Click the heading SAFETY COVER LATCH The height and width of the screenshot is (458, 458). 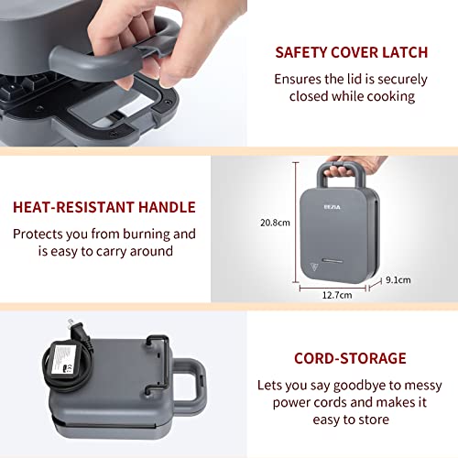[x=352, y=52]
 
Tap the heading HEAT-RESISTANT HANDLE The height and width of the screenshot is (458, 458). [x=104, y=207]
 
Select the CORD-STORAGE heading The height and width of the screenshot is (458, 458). [x=350, y=358]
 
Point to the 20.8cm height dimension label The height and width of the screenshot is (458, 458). [x=275, y=223]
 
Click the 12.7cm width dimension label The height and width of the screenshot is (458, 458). [x=337, y=295]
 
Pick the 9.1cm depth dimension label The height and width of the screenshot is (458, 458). [x=398, y=280]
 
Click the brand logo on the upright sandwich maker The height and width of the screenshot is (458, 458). [x=332, y=207]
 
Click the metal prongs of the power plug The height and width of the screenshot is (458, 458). [x=71, y=323]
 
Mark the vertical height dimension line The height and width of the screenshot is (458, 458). [x=296, y=223]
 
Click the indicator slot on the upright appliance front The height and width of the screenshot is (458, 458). [x=333, y=260]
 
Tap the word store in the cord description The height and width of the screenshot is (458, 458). [x=374, y=420]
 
